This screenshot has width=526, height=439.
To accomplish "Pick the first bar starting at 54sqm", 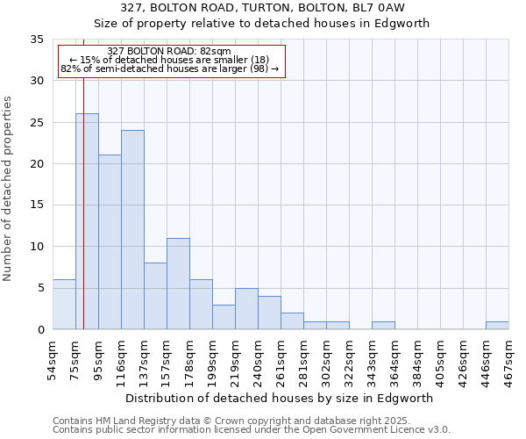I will click(64, 305).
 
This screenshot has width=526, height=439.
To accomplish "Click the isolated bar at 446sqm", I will click(497, 325).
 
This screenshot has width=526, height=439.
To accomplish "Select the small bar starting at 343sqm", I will click(383, 325).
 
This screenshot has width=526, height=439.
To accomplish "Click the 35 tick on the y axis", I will click(37, 40).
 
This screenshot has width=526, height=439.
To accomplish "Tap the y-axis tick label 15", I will click(37, 205).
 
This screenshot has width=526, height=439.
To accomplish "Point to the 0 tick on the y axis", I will click(40, 330).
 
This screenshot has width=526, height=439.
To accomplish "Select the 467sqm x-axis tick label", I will click(509, 357).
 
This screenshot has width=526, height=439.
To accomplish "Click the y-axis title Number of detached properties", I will click(9, 189).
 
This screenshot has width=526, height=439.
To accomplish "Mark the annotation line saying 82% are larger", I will click(171, 68).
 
